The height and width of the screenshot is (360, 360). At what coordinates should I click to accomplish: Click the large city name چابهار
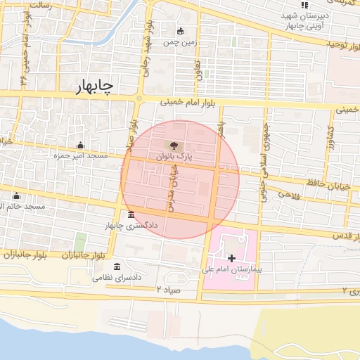(x=96, y=85)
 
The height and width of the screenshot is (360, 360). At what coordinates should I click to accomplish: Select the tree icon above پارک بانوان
(x=174, y=146)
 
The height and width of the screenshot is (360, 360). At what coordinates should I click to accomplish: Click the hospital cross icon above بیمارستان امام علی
(x=231, y=259)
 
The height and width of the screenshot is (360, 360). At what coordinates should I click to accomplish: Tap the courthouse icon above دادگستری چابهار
(x=131, y=215)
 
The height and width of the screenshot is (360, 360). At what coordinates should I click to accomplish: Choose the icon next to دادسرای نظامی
(x=117, y=267)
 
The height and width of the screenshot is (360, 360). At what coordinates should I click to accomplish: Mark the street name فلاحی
(x=290, y=195)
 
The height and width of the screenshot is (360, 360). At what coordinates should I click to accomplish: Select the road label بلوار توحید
(x=342, y=44)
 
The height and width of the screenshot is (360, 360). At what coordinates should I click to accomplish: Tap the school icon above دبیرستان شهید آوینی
(x=304, y=6)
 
